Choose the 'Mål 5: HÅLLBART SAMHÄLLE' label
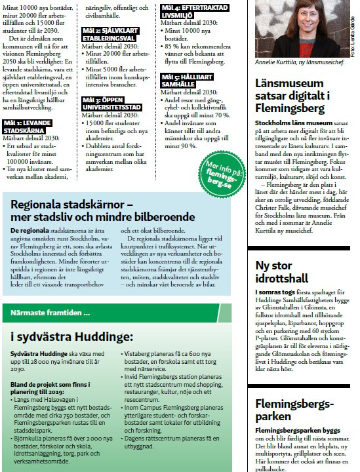179,81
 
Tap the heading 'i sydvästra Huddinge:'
71,336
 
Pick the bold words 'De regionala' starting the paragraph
30,231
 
